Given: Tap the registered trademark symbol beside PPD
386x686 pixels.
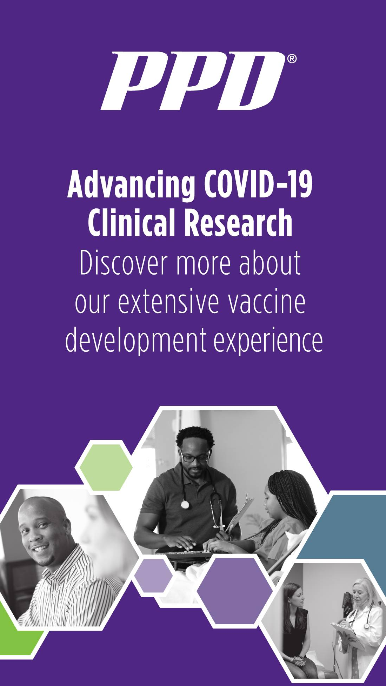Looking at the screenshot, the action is click(x=292, y=59).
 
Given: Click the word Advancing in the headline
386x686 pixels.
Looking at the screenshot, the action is click(x=131, y=185).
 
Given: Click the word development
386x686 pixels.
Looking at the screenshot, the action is click(x=136, y=341).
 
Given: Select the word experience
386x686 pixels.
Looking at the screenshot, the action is click(x=268, y=341).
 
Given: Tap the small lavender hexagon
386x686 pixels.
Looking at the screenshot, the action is click(x=153, y=576).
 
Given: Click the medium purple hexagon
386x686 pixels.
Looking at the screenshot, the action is click(x=234, y=591).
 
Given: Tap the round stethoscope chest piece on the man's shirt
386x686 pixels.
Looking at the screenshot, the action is click(x=185, y=504).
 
